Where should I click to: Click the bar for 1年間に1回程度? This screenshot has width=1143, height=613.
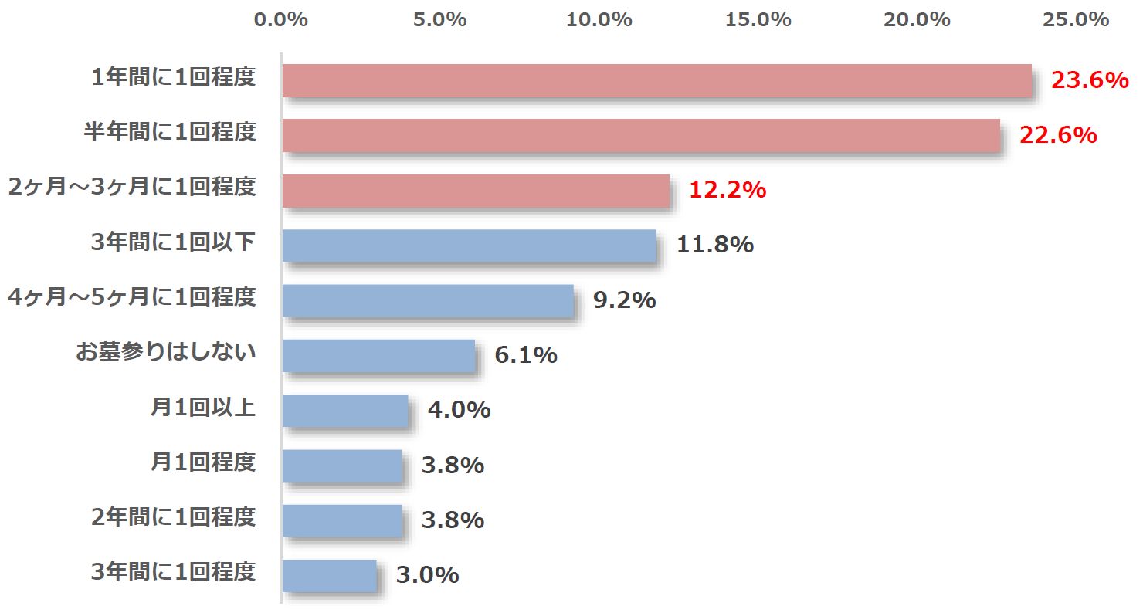tap(656, 80)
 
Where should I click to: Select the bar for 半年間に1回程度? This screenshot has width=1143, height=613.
tap(641, 135)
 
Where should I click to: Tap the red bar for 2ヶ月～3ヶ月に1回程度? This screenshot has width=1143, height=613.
tap(476, 191)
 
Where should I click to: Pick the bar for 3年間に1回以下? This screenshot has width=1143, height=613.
tap(469, 246)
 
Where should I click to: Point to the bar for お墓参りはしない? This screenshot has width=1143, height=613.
tap(378, 356)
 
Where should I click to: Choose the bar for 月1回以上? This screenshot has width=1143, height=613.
tap(344, 411)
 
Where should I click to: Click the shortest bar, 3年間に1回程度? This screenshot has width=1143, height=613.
tap(329, 576)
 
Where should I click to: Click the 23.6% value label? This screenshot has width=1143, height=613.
tap(1090, 80)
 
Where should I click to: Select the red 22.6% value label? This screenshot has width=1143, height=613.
tap(1058, 135)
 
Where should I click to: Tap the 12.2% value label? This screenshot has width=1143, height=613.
tap(728, 191)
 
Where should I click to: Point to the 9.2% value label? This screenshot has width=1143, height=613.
tap(624, 300)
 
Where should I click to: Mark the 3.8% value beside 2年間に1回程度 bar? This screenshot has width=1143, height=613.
tap(453, 520)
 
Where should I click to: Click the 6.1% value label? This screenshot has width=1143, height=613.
tap(526, 355)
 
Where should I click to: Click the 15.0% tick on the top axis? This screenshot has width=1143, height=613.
tap(758, 20)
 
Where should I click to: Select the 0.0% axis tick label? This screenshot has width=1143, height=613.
tap(281, 20)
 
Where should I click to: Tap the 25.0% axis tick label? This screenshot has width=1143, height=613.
tap(1076, 20)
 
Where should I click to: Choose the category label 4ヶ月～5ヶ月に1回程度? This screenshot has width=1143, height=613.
tap(131, 297)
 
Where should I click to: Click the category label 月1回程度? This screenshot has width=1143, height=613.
tap(202, 462)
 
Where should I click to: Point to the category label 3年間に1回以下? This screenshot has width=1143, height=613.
tap(173, 242)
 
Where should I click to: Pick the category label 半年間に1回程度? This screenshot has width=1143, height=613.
tap(170, 133)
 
